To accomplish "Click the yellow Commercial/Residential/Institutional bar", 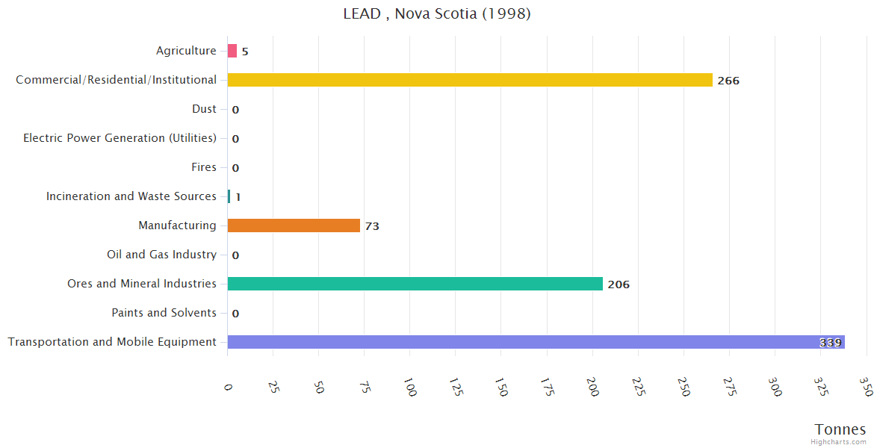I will [x=470, y=80].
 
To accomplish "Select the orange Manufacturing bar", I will [x=294, y=225].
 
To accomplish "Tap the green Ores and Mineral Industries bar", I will [x=415, y=284].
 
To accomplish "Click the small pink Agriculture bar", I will [x=232, y=51].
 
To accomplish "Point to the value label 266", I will [x=728, y=81].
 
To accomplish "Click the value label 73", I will [x=372, y=226].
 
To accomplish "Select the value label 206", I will [x=619, y=284].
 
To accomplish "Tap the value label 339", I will [x=830, y=343].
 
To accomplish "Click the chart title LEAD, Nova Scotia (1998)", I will [x=437, y=13].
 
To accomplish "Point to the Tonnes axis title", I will [x=840, y=429].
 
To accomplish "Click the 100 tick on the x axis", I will [x=410, y=387].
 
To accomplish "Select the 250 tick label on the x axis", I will [x=684, y=387].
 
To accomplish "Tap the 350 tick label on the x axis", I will [x=866, y=387].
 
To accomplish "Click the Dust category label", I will [x=204, y=109].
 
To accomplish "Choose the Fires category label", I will [x=204, y=167].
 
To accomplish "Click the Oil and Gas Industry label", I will [x=161, y=255].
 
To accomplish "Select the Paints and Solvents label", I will [x=164, y=313].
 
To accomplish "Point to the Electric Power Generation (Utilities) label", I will [x=120, y=138].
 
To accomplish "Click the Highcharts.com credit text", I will [x=839, y=442].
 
